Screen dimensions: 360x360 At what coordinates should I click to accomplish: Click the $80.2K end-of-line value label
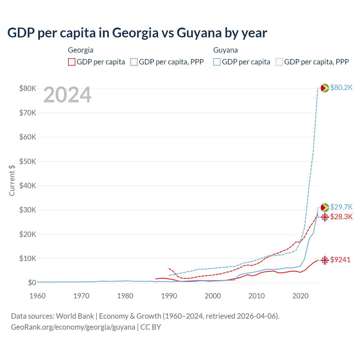point(341,88)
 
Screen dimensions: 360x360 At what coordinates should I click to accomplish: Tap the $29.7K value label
point(341,207)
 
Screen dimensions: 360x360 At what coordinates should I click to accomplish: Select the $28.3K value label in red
point(341,217)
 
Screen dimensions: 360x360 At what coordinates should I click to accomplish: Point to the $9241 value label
point(340,260)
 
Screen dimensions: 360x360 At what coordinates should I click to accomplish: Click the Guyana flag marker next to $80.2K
point(325,88)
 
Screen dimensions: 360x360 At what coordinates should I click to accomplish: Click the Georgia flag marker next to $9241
point(325,260)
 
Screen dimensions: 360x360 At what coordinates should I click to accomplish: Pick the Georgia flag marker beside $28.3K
point(325,217)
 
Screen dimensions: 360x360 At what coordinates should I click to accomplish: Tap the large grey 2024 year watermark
point(67,95)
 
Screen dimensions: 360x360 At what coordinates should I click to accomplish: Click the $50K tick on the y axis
point(28,162)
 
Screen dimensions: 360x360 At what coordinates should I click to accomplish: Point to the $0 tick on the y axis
point(32,283)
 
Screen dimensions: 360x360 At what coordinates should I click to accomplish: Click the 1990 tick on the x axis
point(169,296)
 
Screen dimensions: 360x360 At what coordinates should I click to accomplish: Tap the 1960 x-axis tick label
point(38,296)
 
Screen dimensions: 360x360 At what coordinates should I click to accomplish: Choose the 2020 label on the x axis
point(300,296)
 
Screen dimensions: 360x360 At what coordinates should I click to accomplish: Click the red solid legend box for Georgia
point(72,62)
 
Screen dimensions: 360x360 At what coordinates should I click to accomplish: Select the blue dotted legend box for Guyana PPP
point(279,62)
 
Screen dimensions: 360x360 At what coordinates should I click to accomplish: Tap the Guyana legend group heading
point(226,50)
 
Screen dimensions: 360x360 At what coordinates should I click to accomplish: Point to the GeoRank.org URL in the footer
point(73,327)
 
